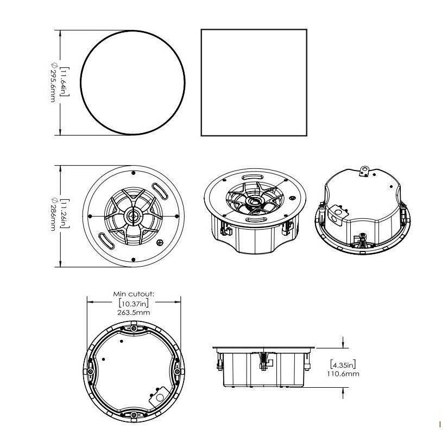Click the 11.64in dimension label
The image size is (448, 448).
pos(65,83)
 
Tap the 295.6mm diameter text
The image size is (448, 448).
pos(53,83)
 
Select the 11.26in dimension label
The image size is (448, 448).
pos(65,214)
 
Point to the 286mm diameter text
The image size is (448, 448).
pos(53,214)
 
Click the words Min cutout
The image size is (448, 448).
pos(134,294)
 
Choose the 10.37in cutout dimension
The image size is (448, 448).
pos(134,303)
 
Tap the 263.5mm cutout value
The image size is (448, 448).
pos(134,312)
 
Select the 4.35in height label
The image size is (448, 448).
pos(343,364)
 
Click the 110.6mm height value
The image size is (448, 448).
pos(343,374)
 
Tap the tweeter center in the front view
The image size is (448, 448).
pos(134,216)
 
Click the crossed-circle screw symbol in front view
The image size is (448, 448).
pos(160,243)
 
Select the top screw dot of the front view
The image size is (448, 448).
pos(133,173)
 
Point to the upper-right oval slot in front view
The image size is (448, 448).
pos(160,191)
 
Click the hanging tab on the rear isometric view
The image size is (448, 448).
pos(364,171)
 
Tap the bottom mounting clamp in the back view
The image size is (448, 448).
pos(134,415)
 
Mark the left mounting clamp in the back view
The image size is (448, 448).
pos(90,371)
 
